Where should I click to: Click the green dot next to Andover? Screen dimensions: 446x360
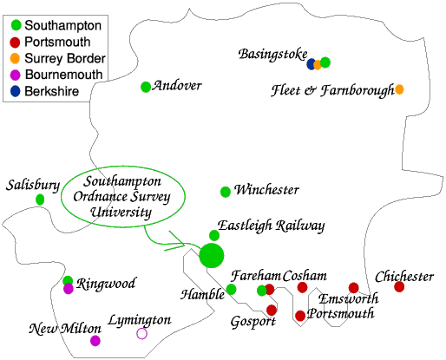click(146, 87)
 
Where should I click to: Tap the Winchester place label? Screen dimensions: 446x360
click(266, 190)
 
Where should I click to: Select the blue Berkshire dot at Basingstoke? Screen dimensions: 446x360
click(311, 64)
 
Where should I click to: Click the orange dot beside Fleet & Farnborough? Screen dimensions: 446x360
click(399, 89)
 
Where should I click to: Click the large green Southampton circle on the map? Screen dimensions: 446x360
click(212, 256)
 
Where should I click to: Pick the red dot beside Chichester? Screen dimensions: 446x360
click(399, 286)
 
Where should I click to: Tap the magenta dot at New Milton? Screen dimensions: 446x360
click(95, 341)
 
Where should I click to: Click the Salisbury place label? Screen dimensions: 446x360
click(33, 186)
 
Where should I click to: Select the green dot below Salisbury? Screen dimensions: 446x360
click(40, 200)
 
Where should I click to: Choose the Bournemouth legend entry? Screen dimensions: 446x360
click(56, 75)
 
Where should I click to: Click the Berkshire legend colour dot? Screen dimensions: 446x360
click(15, 91)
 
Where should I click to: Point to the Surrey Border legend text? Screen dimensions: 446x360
click(65, 58)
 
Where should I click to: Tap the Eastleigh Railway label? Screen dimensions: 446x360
click(271, 226)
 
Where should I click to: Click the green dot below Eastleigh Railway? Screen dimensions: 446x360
click(214, 235)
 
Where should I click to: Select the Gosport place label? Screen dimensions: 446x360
click(253, 322)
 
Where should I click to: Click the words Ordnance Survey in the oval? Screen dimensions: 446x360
click(121, 197)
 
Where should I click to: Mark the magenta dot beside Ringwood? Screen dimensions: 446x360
click(69, 289)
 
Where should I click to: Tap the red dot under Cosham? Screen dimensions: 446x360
click(302, 287)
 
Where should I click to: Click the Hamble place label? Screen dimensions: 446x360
click(202, 295)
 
